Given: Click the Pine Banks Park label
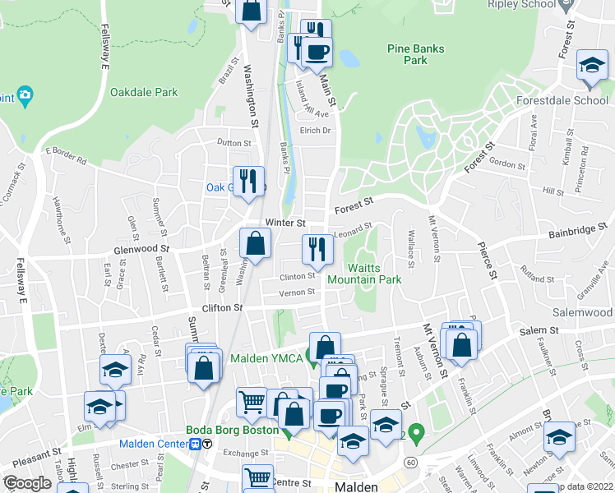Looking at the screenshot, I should (416, 54).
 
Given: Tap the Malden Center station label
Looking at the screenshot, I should (155, 444).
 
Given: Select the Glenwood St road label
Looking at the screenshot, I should (141, 247).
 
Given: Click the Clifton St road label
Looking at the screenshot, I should (222, 307).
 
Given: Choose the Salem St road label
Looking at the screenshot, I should (539, 330).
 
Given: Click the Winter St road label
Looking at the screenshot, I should (285, 223).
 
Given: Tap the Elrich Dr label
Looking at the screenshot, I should (315, 131).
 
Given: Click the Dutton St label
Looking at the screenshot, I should (234, 143).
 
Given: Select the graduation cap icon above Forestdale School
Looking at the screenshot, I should (591, 67).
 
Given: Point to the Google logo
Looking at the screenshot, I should (27, 483).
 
